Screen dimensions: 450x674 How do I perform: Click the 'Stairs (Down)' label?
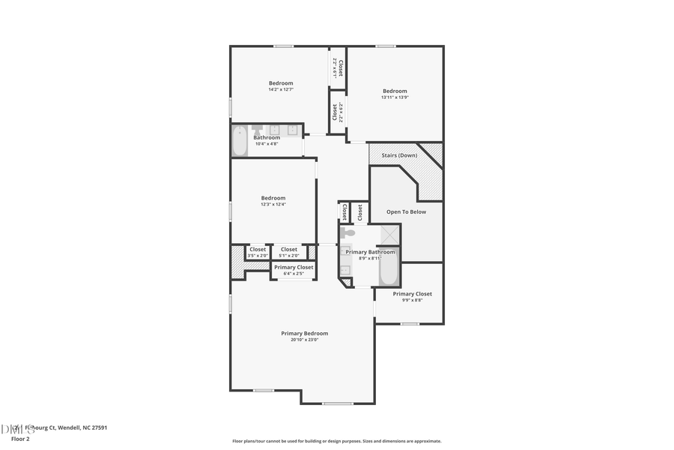point(394,155)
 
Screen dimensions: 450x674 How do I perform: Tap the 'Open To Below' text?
point(406,212)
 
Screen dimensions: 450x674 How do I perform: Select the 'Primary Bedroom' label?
point(304,333)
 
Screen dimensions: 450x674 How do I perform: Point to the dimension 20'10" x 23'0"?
point(304,340)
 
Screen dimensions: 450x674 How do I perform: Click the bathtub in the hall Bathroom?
point(240,141)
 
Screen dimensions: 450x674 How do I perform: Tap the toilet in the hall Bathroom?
point(257,130)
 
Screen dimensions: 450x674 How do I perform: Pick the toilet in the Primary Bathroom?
point(347,233)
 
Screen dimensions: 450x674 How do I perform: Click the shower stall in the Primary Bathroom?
point(389,235)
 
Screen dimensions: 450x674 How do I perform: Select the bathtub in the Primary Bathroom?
point(389,271)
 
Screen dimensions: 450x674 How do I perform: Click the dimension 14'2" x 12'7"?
point(281,90)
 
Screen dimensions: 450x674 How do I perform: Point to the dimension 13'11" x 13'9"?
point(395,97)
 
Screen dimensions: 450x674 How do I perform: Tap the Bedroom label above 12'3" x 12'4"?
point(273,198)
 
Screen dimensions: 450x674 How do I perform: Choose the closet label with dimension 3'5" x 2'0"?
point(258,249)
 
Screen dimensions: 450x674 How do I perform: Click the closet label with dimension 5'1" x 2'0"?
point(289,249)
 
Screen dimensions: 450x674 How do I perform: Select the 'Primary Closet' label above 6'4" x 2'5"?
point(294,267)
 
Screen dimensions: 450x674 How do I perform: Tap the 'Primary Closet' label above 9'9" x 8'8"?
point(412,294)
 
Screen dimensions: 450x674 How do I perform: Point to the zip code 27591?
point(98,427)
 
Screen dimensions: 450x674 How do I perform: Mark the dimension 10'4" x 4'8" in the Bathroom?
point(267,143)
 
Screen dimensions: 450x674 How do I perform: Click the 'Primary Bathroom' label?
point(370,252)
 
